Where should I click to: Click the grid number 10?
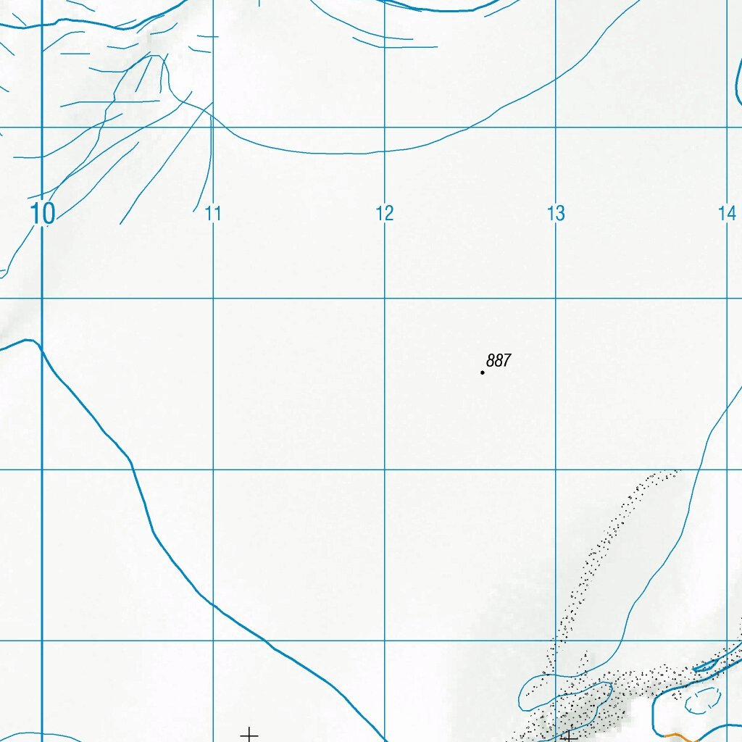43,214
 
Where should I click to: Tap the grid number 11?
213,214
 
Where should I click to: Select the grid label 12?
385,214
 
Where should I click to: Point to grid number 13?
556,214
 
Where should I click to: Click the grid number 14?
727,214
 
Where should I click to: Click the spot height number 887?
499,360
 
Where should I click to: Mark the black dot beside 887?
483,372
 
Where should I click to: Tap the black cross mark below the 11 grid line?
249,735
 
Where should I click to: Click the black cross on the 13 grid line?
569,736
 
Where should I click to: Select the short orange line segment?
675,736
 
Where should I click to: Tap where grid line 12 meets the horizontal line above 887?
385,299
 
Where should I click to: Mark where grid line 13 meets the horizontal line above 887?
556,299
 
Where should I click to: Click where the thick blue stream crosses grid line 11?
213,603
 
